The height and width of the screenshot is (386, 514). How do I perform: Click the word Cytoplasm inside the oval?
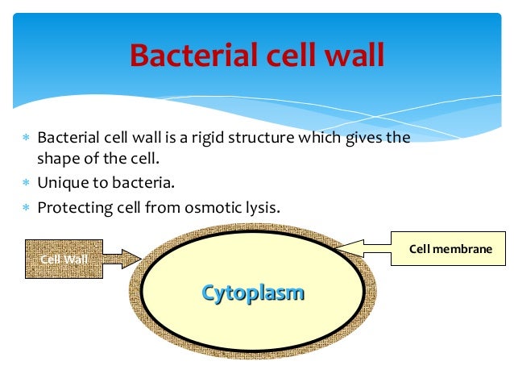[x=253, y=292]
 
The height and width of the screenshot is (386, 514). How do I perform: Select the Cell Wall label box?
[x=64, y=259]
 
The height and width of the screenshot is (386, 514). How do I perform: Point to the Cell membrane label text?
[x=450, y=249]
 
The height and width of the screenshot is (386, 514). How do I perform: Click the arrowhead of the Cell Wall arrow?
[x=132, y=259]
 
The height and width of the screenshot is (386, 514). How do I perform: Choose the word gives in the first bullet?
[x=362, y=138]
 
